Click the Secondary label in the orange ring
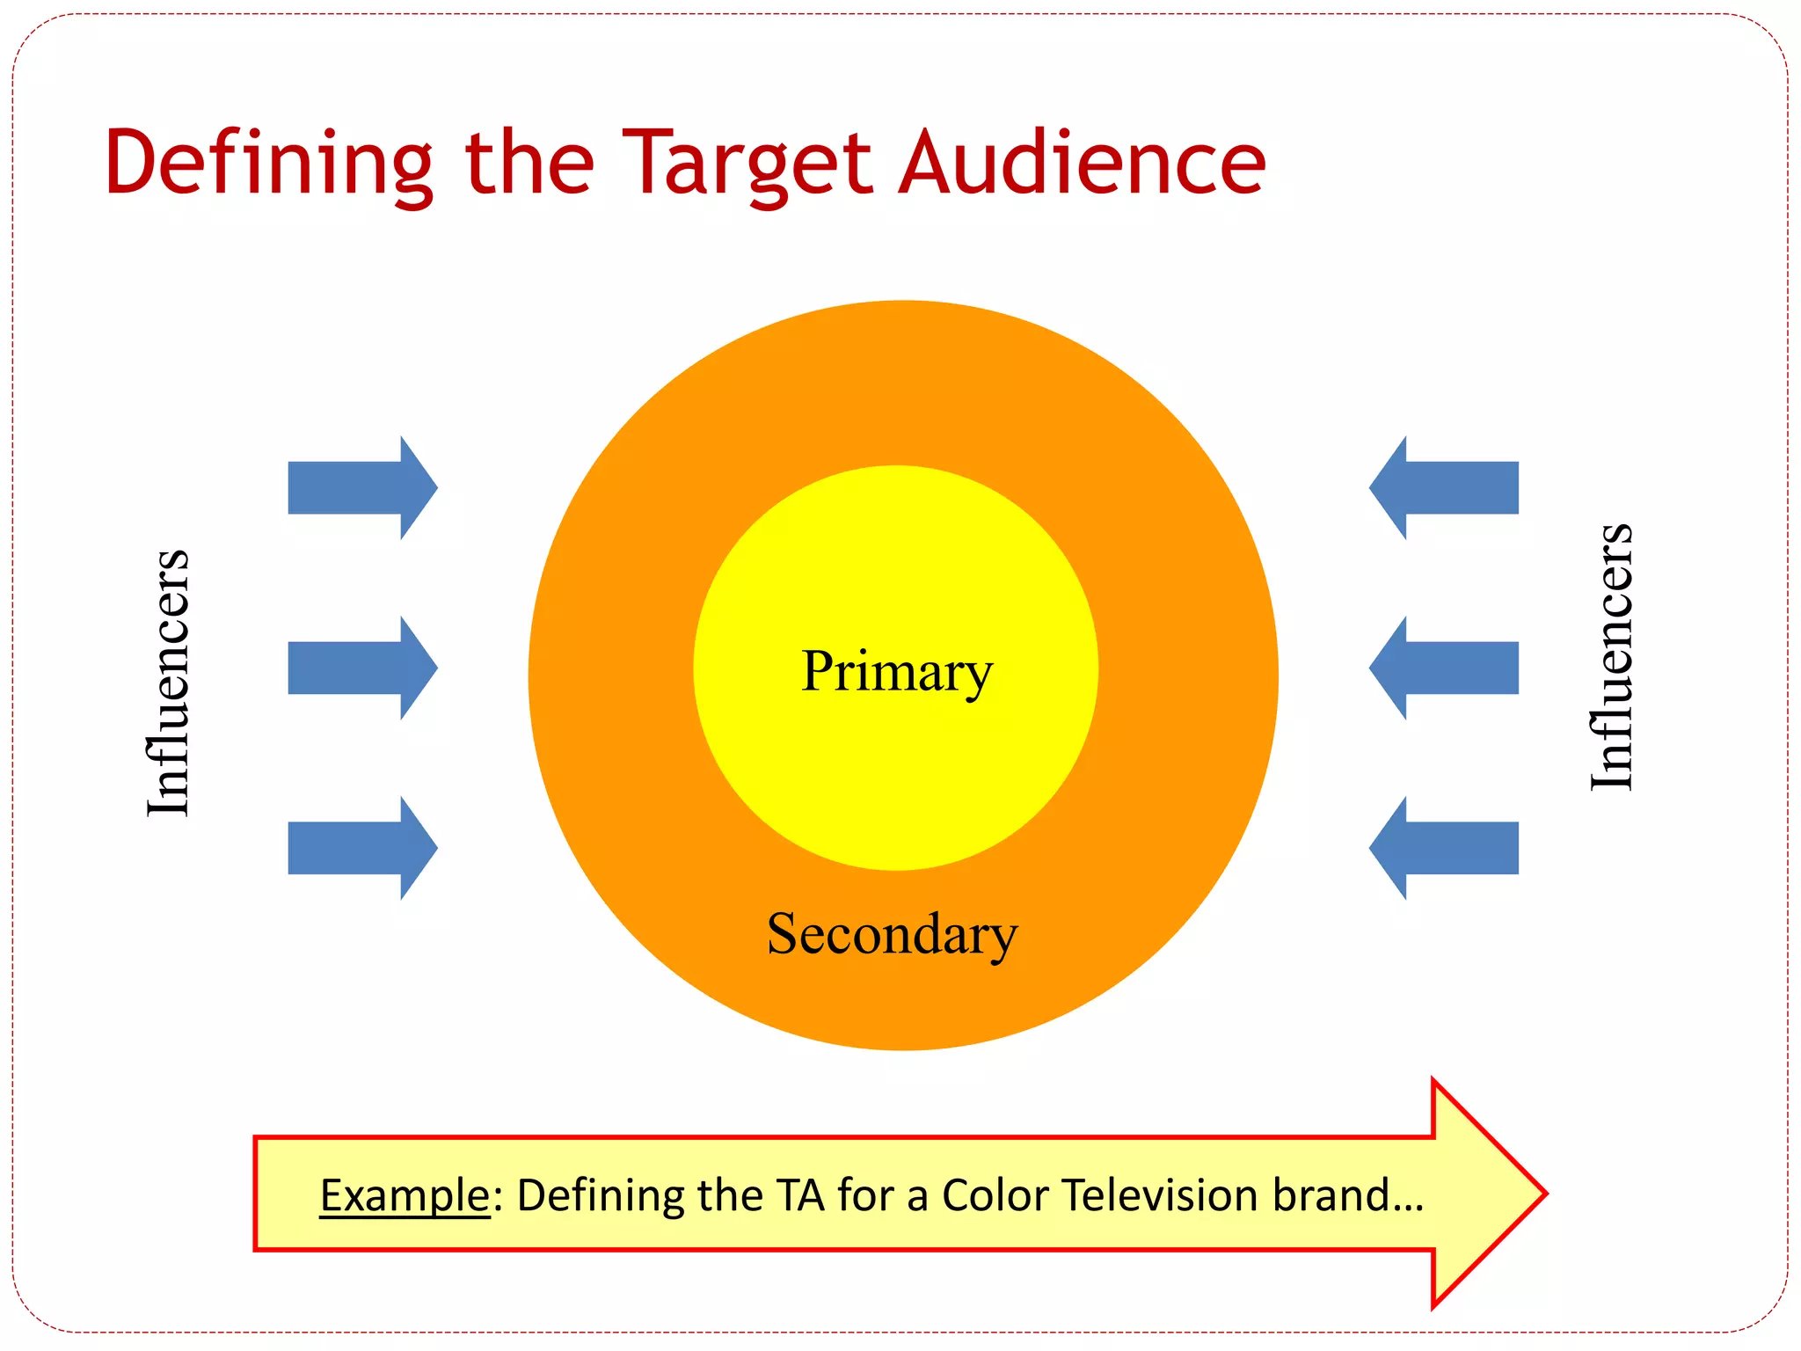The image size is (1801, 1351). point(892,934)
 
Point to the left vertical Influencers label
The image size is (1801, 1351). point(167,683)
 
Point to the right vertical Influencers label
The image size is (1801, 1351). point(1611,657)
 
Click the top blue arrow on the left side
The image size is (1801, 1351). point(361,487)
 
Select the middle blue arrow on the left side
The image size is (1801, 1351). point(361,668)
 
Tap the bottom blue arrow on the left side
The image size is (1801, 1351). point(361,848)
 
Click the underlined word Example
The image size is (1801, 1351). point(405,1195)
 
